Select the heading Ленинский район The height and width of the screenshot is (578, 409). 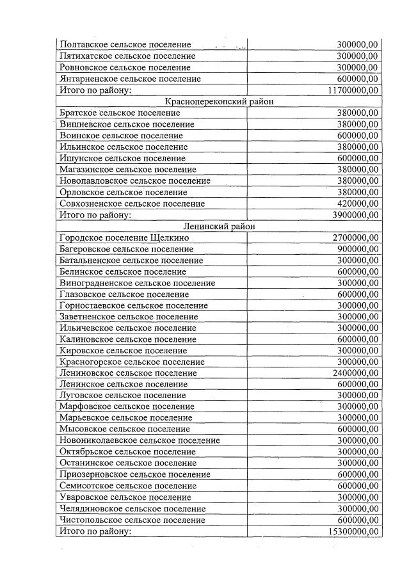(x=218, y=226)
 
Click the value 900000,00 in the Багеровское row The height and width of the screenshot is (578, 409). (x=358, y=248)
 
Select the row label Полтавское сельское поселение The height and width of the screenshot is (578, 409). (x=125, y=45)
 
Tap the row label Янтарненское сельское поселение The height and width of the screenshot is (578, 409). (x=130, y=79)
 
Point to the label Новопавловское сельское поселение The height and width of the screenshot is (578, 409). (x=134, y=181)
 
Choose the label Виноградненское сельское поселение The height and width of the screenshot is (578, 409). (x=137, y=282)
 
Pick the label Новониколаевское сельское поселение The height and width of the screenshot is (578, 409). (x=139, y=440)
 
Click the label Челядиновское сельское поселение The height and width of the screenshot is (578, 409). (x=132, y=508)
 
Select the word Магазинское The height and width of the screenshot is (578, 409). (x=86, y=170)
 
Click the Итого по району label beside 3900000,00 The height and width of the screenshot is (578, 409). (x=95, y=215)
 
